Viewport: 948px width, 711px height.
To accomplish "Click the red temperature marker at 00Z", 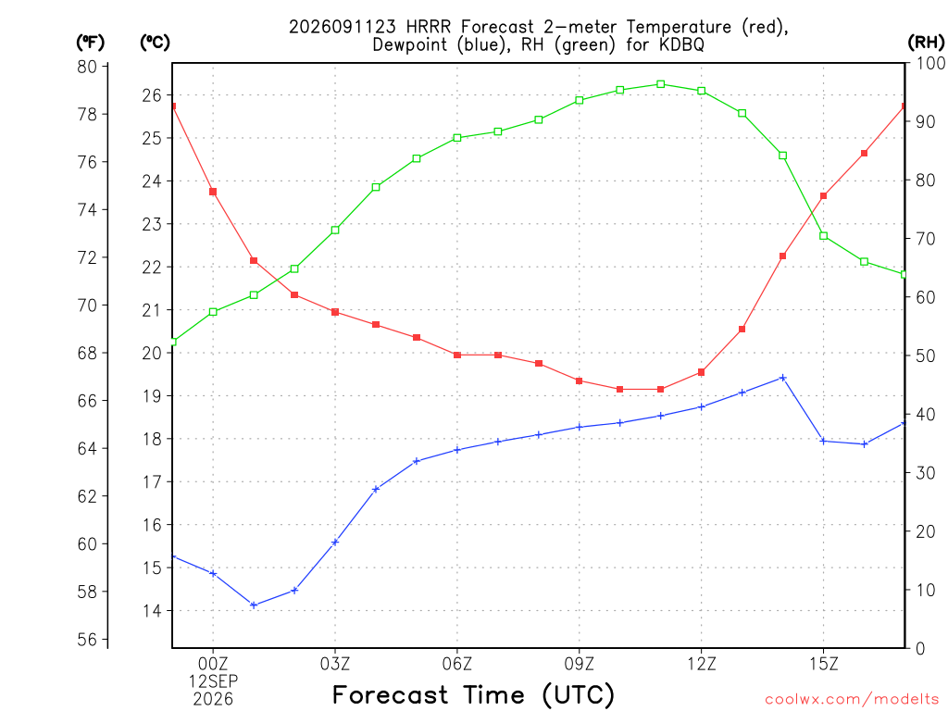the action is (213, 192).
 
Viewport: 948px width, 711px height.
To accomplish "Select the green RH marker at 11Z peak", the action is (661, 84).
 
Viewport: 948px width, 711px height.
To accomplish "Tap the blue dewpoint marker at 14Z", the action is (783, 378).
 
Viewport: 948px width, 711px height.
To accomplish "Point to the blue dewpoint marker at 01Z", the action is (254, 605).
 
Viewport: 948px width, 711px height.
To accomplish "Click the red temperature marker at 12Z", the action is (702, 372).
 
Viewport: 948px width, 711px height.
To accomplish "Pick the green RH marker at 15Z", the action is (823, 236).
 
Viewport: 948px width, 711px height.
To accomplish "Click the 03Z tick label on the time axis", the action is (335, 664).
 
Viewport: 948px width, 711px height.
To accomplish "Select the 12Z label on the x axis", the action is (702, 664).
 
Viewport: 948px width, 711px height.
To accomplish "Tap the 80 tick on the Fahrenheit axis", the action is (87, 67).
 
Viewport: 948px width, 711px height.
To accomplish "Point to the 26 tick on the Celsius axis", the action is (152, 95).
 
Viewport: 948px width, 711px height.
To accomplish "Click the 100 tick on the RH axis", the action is (931, 63).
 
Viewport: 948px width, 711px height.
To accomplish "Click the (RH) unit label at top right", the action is (926, 42).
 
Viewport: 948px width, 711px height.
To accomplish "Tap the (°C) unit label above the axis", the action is (155, 42).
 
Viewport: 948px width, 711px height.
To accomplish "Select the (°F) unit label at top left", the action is (90, 42).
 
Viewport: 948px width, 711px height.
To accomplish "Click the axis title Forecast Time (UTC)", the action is (473, 694).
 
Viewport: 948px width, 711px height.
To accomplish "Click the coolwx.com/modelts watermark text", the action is (852, 699).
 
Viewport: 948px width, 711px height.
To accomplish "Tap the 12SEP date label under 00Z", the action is (213, 681).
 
